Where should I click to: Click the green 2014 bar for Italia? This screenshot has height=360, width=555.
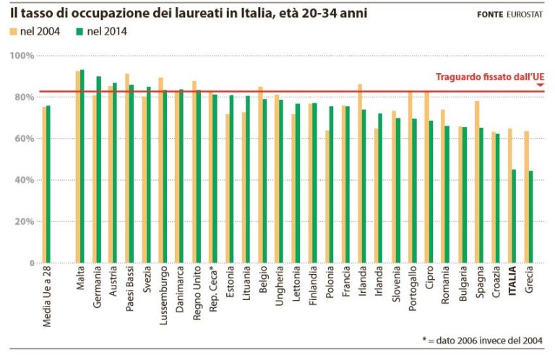pos(515,216)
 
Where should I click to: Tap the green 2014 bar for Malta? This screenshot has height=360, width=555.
pos(82,166)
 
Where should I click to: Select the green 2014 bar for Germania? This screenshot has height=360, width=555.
pos(99,170)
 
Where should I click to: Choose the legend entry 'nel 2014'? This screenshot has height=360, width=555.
pos(103,31)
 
